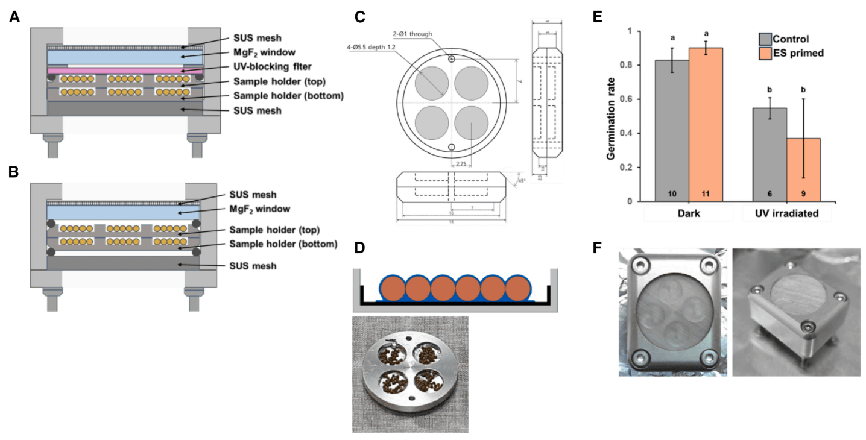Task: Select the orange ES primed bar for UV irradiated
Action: pos(803,169)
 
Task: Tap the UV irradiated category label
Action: pos(786,213)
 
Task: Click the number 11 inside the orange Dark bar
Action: pos(705,193)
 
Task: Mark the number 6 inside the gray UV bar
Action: pos(770,193)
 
